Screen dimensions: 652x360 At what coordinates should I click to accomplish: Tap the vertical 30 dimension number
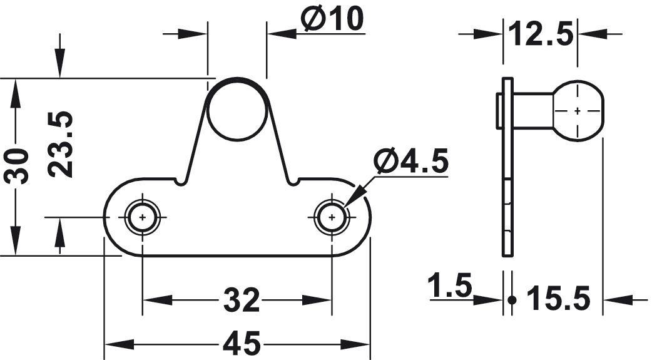tap(16, 166)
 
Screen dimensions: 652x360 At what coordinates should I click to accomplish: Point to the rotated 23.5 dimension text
tap(60, 144)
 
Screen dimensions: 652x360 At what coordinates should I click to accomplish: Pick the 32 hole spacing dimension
tap(242, 300)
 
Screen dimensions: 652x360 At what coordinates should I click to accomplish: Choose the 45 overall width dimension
tap(242, 344)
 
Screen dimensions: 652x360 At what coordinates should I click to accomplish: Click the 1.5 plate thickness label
tap(450, 285)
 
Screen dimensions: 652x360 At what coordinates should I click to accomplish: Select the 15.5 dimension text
tap(558, 299)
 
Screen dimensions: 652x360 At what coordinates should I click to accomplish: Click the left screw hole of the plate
tap(143, 217)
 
